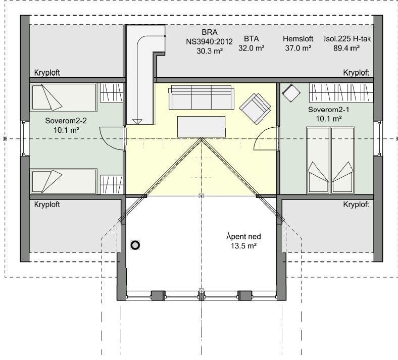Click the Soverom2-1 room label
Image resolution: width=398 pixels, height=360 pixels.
pyautogui.click(x=329, y=109)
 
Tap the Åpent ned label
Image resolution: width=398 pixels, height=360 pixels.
pyautogui.click(x=243, y=236)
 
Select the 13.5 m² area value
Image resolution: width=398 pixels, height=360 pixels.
pyautogui.click(x=243, y=246)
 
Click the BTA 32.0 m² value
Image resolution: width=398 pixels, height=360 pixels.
pyautogui.click(x=252, y=48)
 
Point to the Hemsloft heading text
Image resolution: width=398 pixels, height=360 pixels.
pyautogui.click(x=298, y=38)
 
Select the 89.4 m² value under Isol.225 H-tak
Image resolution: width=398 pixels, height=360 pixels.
pyautogui.click(x=346, y=48)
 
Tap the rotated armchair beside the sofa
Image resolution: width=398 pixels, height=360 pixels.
pyautogui.click(x=256, y=107)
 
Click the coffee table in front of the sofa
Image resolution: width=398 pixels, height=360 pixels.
pyautogui.click(x=201, y=126)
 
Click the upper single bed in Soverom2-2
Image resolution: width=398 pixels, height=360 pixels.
pyautogui.click(x=64, y=97)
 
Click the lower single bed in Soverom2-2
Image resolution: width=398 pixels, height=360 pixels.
pyautogui.click(x=64, y=181)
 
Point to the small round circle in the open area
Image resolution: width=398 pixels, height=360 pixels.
pyautogui.click(x=135, y=245)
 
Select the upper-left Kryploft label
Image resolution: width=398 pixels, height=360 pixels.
pyautogui.click(x=47, y=73)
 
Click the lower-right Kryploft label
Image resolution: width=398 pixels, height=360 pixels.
pyautogui.click(x=356, y=204)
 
